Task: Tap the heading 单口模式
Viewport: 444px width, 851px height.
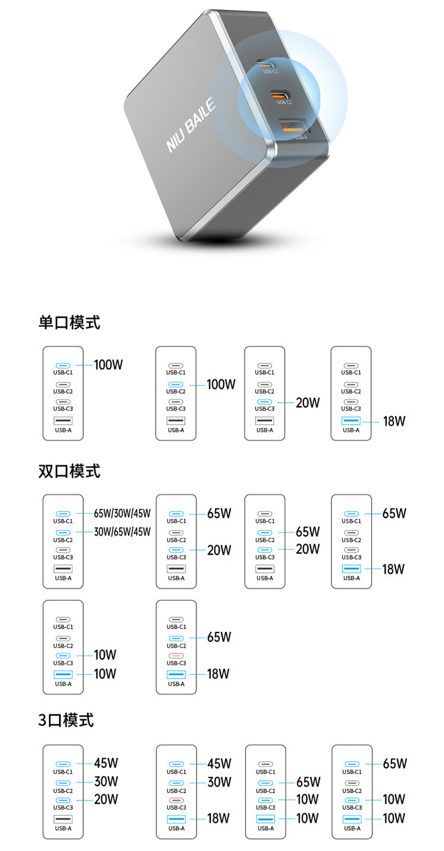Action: tap(69, 322)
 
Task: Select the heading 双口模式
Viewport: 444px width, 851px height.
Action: tap(69, 471)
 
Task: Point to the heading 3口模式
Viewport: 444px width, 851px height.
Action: tap(66, 720)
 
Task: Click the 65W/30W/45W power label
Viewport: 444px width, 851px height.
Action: tap(123, 513)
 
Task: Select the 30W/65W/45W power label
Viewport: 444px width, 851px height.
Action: tap(123, 531)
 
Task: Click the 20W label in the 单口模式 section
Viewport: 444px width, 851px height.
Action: tap(307, 403)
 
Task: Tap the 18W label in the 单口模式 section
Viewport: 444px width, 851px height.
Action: tap(394, 421)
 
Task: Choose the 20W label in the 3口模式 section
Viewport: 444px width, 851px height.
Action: tap(106, 799)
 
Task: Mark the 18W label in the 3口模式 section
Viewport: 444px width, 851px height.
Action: tap(218, 818)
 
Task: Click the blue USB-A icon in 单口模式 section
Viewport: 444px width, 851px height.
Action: tap(351, 421)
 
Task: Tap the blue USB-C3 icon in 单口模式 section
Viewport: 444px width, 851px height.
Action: tap(264, 402)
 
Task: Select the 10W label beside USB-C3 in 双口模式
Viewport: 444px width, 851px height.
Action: tap(105, 655)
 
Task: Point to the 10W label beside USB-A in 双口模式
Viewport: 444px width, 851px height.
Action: tap(105, 673)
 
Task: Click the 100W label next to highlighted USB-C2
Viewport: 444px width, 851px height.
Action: tap(221, 385)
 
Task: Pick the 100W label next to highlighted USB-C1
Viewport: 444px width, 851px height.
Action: tap(108, 365)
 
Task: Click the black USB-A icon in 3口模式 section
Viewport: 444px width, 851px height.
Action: tap(63, 818)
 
